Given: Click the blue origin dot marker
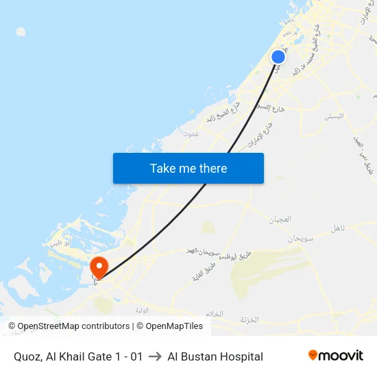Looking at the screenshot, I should (278, 57).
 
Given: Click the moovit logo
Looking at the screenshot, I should (336, 356).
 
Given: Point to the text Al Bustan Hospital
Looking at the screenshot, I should (215, 356).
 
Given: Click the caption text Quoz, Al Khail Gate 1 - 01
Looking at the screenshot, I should (78, 356).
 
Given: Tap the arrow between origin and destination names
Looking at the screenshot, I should (155, 356).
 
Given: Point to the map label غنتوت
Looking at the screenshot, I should (191, 134).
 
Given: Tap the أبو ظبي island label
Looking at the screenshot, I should (61, 242).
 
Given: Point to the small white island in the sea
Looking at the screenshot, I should (21, 32).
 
